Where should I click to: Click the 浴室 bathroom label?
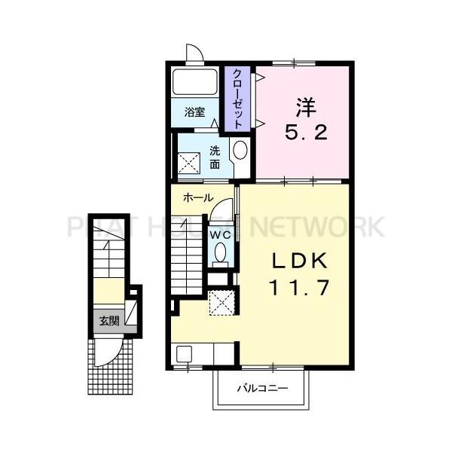point(195,112)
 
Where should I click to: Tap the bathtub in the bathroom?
point(195,82)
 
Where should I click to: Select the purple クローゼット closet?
point(238,99)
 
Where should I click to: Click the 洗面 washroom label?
point(215,156)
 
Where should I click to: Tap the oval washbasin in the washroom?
point(240,150)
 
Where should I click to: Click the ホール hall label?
point(192,198)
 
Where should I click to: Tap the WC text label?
point(219,234)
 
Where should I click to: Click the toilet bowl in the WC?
point(219,254)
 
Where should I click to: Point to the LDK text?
point(298,261)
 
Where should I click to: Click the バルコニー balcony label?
point(261,389)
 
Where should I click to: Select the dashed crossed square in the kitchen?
point(222,303)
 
